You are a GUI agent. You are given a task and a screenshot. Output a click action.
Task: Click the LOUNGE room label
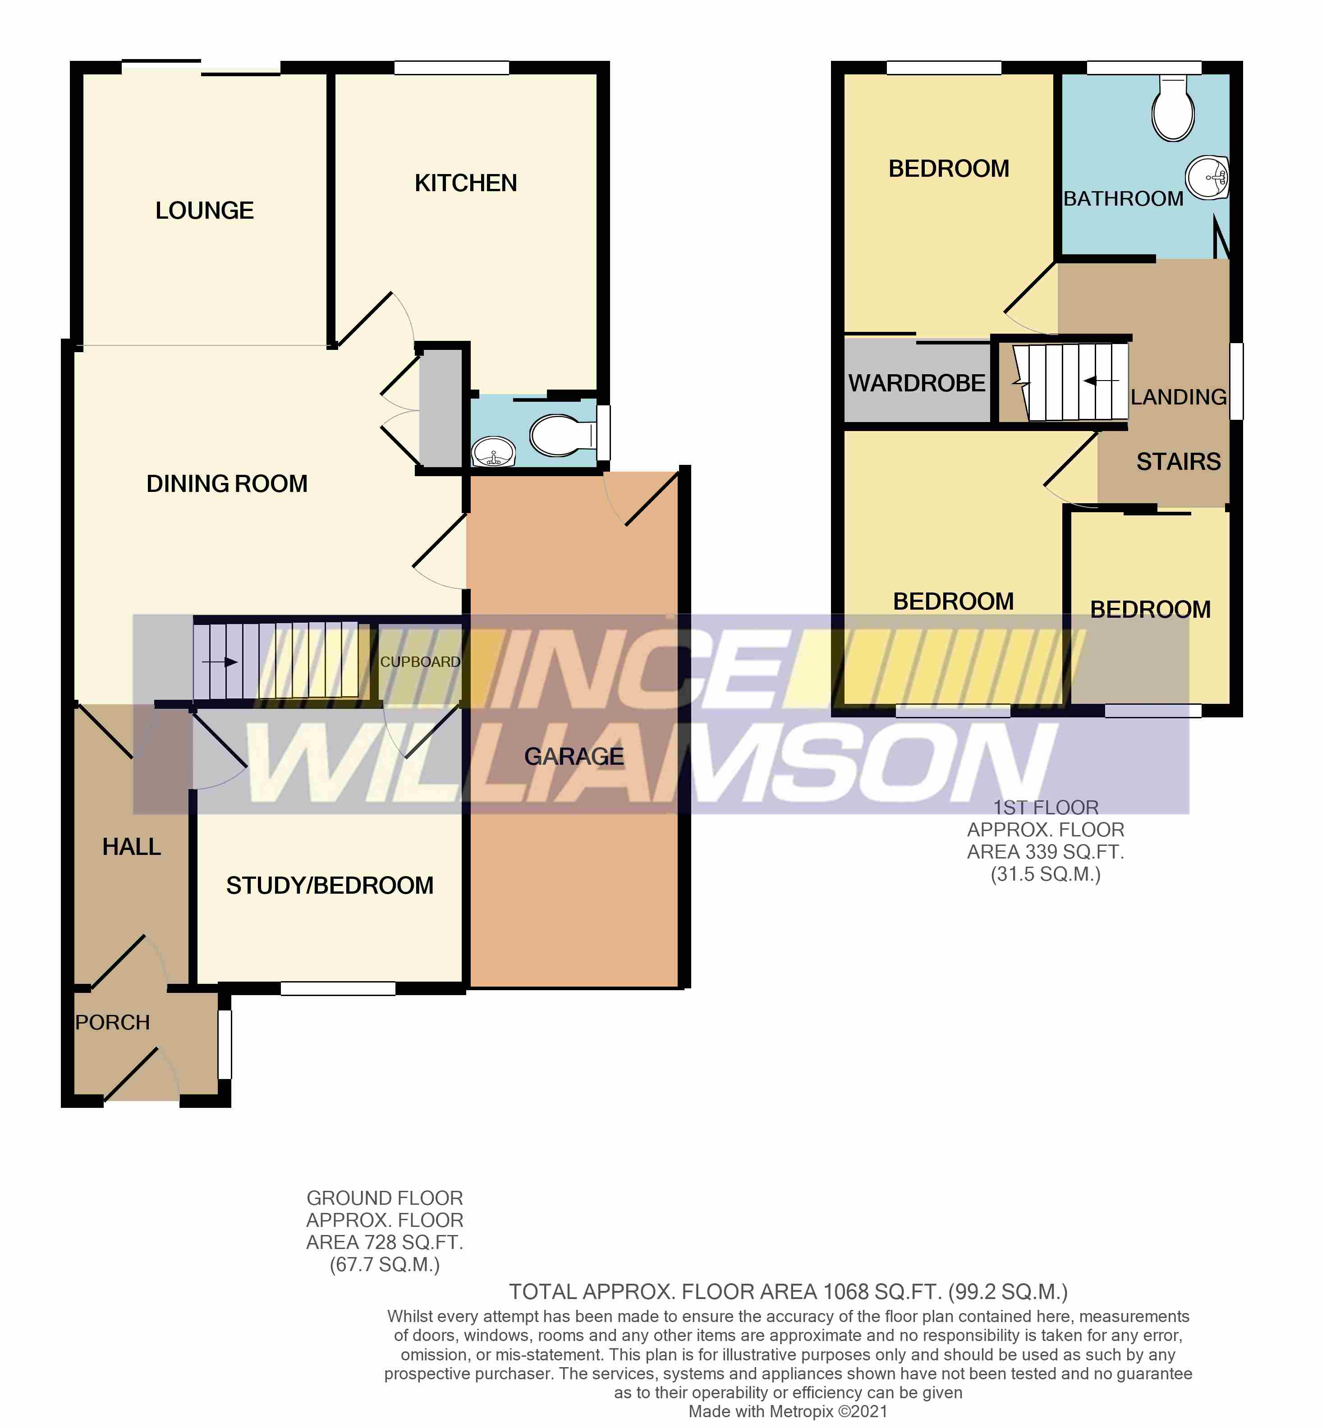coord(205,210)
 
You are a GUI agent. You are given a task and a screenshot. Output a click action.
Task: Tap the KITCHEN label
coord(466,183)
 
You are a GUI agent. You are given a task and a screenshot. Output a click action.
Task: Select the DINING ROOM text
coord(227,484)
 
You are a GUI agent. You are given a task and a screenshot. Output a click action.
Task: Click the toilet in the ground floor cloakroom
coord(561,434)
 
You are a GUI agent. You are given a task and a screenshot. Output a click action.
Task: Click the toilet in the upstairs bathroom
coord(1172,111)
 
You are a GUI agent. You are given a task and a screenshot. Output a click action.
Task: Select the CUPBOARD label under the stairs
coord(420,662)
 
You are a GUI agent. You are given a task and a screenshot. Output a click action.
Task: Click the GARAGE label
coord(574,756)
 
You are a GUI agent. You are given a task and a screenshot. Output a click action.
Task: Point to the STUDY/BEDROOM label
coord(330,886)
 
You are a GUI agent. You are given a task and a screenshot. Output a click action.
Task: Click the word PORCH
coord(112,1022)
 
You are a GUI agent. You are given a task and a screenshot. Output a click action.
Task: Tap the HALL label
coord(132,847)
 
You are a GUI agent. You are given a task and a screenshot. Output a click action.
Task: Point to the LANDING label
coord(1178,397)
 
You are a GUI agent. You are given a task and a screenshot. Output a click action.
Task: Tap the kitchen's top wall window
coord(451,68)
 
